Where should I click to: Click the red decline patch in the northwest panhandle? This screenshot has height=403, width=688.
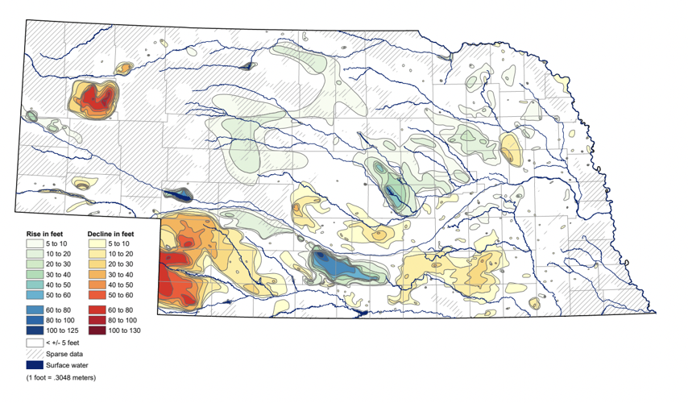click(97, 101)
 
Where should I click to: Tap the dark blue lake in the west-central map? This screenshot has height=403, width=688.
click(180, 195)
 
